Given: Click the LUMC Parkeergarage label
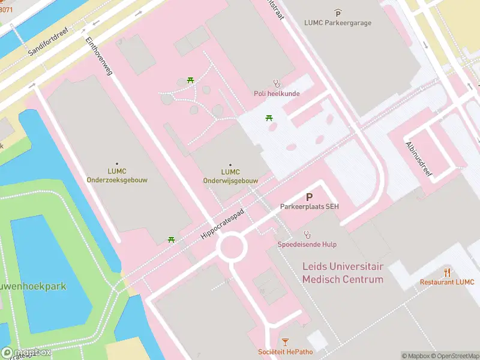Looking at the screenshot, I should [338, 23].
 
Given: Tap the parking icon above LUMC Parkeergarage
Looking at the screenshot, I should [338, 12].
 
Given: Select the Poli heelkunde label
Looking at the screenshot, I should [277, 94].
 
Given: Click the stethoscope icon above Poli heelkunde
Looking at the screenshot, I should [277, 83].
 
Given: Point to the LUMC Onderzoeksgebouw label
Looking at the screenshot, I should [116, 175].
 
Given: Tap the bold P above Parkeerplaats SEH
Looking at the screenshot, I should [309, 196].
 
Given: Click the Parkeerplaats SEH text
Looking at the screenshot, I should [309, 206].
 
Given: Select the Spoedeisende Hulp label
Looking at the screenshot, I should [307, 244].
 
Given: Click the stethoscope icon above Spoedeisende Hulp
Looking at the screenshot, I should [307, 234].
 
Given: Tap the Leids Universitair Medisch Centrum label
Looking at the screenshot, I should [343, 272].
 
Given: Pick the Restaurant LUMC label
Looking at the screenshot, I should [446, 282].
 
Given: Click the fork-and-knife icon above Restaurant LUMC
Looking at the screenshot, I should [446, 272].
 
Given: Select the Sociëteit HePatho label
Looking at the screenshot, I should [285, 352].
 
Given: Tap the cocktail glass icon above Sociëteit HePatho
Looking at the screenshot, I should [285, 342].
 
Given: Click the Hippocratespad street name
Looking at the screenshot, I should [223, 224].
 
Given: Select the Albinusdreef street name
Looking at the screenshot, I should [419, 155].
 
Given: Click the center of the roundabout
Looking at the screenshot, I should [232, 247].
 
